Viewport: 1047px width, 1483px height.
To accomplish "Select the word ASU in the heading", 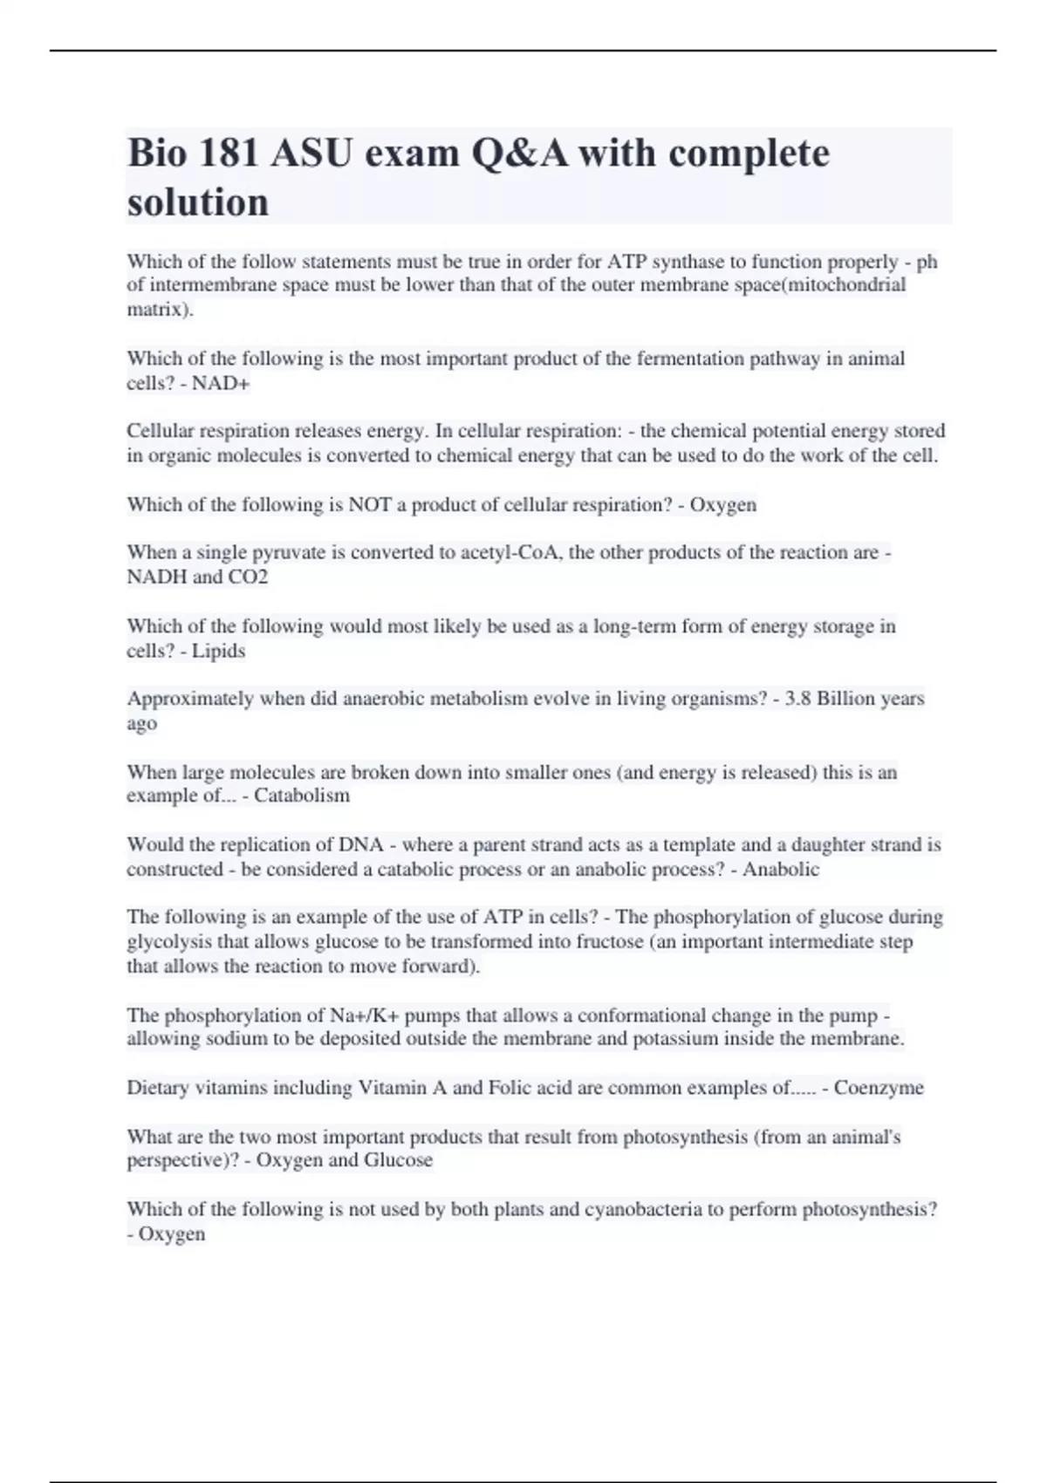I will point(311,154).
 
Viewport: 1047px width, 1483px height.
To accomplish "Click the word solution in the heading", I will point(198,202).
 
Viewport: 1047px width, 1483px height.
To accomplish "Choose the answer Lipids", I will point(218,651).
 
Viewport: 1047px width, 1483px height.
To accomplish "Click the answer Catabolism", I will point(302,796).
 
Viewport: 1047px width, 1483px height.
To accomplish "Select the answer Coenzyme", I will point(879,1088).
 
